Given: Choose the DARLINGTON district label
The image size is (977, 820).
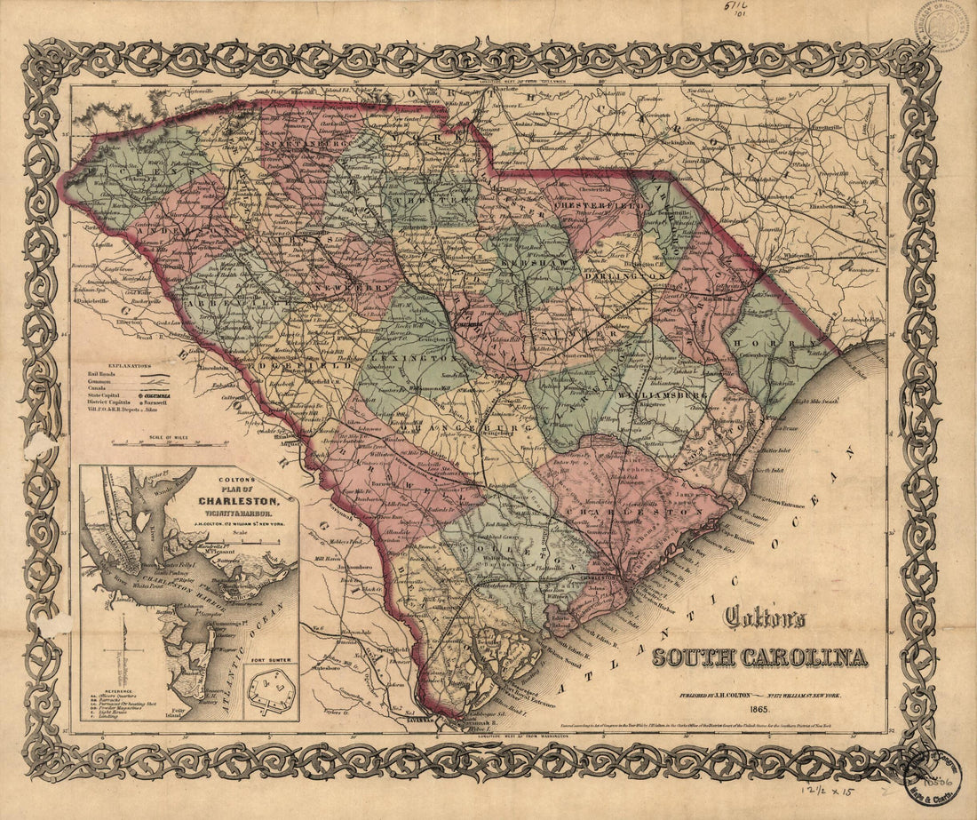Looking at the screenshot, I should (x=625, y=277).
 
